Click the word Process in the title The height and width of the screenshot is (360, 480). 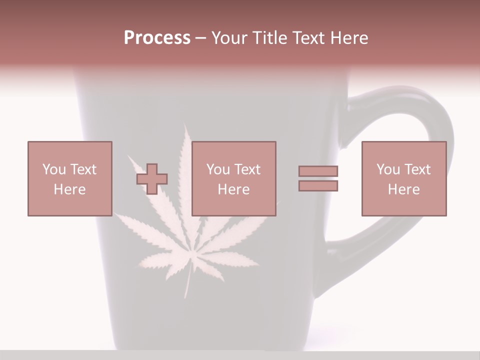coord(157,38)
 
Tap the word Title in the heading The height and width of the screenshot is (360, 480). coord(269,38)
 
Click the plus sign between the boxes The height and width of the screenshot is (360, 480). coord(152,178)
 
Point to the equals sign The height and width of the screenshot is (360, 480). coord(318,178)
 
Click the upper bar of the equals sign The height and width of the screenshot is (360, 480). coord(318,171)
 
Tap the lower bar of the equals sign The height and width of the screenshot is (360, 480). coord(318,185)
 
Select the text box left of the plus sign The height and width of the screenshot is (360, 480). coord(69,178)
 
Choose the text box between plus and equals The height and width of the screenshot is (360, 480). coord(233,178)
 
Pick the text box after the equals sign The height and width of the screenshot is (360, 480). coord(403,178)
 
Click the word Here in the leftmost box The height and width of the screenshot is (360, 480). coord(69,189)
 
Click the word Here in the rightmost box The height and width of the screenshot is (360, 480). coord(403,189)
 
